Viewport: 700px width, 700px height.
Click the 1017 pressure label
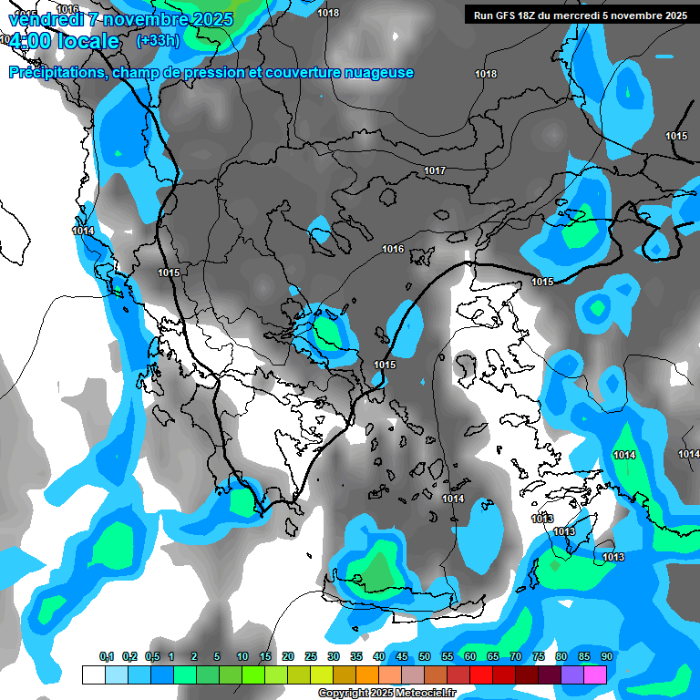pyautogui.click(x=434, y=171)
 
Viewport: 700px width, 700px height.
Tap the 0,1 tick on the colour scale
pyautogui.click(x=107, y=657)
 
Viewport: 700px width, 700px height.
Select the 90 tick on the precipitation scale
pyautogui.click(x=606, y=657)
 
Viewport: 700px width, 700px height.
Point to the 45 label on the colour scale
pyautogui.click(x=402, y=657)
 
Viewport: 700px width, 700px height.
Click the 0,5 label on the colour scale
pyautogui.click(x=152, y=657)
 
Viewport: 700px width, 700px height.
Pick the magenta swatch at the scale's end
pyautogui.click(x=596, y=674)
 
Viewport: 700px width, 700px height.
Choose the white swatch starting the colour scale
pyautogui.click(x=93, y=674)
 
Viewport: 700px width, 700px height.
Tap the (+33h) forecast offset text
pyautogui.click(x=158, y=40)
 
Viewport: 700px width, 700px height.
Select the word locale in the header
pyautogui.click(x=87, y=41)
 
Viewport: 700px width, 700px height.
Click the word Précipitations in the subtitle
pyautogui.click(x=55, y=73)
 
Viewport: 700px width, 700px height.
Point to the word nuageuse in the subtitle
pyautogui.click(x=380, y=73)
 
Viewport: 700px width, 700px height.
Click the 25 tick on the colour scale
pyautogui.click(x=311, y=657)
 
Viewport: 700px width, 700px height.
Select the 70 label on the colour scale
pyautogui.click(x=516, y=657)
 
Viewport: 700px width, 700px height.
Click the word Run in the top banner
pyautogui.click(x=485, y=15)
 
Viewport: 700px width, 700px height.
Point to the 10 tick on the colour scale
pyautogui.click(x=242, y=657)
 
